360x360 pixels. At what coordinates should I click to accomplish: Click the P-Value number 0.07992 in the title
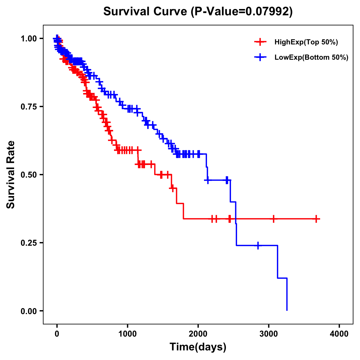(268, 11)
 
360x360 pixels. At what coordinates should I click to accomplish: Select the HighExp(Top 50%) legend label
(306, 42)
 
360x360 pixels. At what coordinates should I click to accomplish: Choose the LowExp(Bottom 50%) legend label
(311, 58)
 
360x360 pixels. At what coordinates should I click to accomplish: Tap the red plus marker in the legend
(260, 42)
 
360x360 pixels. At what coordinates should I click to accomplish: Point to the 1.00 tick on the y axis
(28, 39)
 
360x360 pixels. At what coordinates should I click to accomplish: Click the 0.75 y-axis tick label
(28, 107)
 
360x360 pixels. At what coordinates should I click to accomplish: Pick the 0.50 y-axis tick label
(28, 175)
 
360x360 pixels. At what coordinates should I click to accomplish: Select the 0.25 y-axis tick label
(28, 243)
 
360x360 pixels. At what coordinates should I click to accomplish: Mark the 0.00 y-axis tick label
(28, 311)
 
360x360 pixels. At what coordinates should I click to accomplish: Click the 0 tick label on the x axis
(57, 334)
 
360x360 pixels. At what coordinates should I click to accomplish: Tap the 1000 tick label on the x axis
(127, 334)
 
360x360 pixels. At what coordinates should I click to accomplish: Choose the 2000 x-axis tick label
(198, 334)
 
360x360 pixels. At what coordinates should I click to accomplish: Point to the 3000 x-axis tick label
(269, 334)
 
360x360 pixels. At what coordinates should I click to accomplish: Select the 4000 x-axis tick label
(339, 334)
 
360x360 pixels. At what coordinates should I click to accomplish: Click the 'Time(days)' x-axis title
(198, 347)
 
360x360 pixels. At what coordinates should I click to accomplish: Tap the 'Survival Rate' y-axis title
(11, 175)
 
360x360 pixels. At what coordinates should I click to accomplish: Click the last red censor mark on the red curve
(316, 219)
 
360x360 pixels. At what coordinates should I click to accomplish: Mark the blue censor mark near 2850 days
(258, 245)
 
